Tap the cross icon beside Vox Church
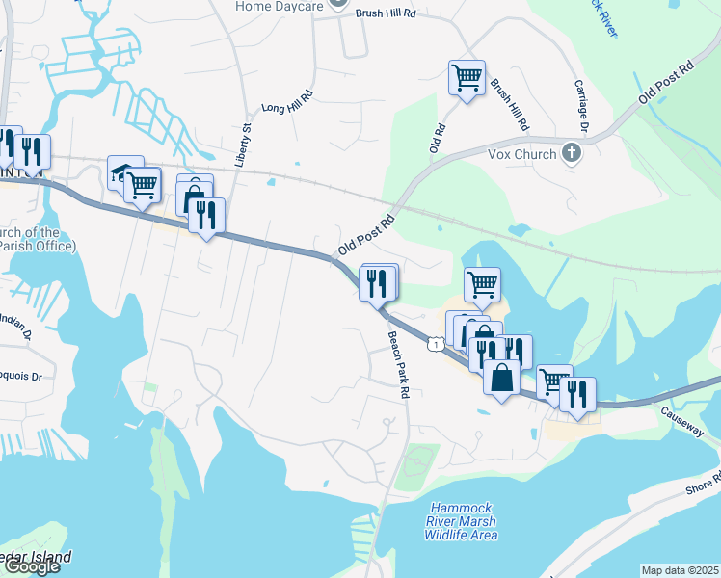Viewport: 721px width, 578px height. point(572,153)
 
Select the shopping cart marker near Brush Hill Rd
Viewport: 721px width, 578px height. point(467,76)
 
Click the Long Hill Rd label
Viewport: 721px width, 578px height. point(287,103)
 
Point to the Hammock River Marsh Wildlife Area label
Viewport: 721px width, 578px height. point(465,521)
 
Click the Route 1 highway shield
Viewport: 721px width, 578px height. point(438,344)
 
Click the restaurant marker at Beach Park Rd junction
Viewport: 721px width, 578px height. point(376,282)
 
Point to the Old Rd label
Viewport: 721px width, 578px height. point(437,137)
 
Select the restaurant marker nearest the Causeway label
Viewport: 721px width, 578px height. point(577,393)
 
